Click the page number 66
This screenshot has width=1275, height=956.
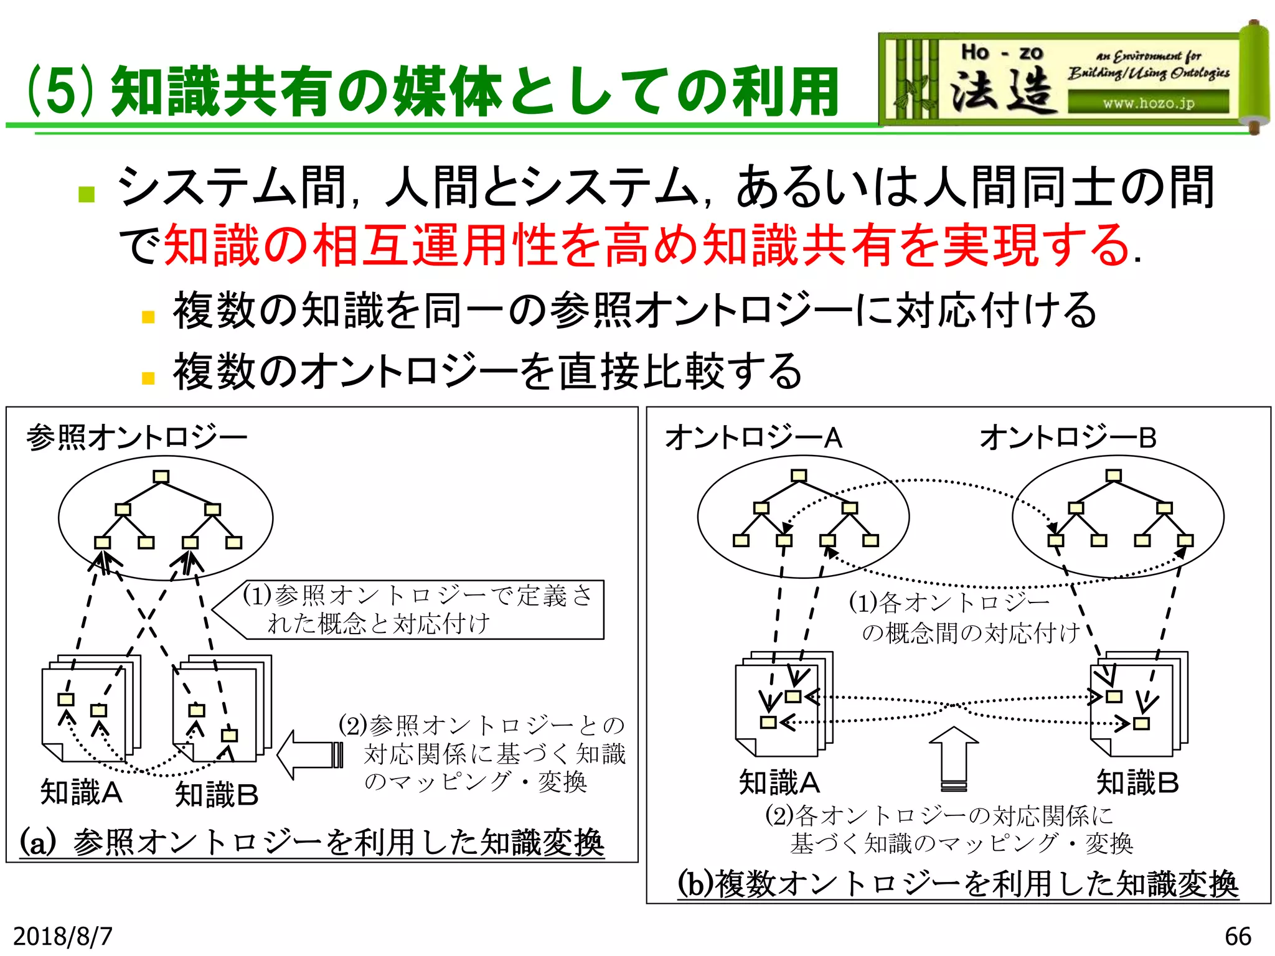pos(1238,936)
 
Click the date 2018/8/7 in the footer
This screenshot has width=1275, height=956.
pos(62,936)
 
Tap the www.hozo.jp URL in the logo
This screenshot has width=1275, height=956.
pos(1149,103)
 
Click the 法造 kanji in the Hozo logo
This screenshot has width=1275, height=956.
pos(1002,90)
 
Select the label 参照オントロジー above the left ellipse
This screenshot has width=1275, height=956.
pos(137,438)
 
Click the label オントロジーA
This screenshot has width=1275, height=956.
pos(753,438)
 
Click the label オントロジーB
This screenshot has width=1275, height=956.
pos(1068,438)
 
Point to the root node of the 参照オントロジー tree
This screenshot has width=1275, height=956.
pos(161,477)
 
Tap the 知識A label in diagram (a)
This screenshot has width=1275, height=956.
pos(81,792)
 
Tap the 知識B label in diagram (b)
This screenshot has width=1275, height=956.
pos(1137,782)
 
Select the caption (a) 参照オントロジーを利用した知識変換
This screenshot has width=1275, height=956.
pos(312,843)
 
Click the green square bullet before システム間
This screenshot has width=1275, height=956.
pos(87,194)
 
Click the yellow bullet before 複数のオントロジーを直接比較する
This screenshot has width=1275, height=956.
pos(148,378)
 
